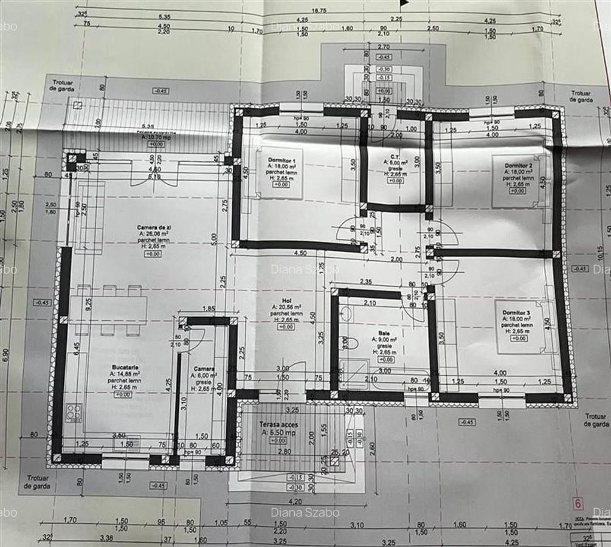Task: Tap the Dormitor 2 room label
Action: point(518,165)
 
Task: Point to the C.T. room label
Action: point(395,156)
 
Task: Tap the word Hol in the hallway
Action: point(285,300)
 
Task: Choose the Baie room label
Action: point(384,334)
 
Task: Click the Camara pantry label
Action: point(204,369)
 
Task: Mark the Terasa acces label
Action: point(277,424)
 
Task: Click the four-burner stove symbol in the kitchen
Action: point(74,413)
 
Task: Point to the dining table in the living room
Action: point(108,310)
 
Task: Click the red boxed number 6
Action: point(578,503)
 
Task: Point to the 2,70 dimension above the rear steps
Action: point(384,47)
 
